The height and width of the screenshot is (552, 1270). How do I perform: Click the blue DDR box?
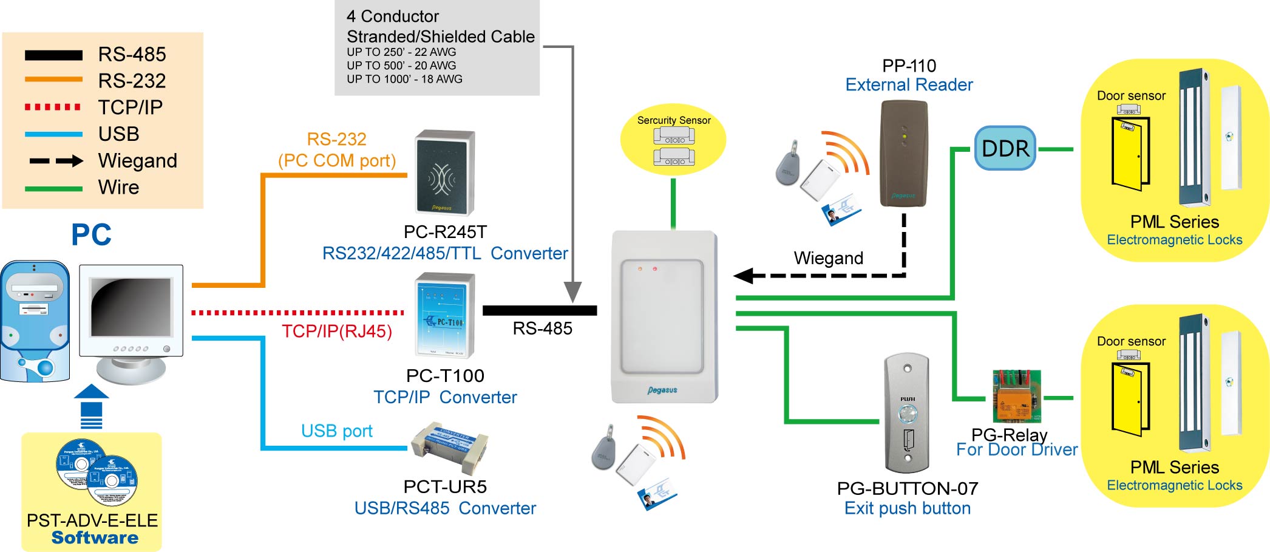[x=1005, y=148]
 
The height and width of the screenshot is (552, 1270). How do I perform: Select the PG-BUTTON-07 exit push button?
[x=907, y=413]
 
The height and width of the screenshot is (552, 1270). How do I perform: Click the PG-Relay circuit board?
[x=1016, y=396]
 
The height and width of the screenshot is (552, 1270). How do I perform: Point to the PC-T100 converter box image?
[x=445, y=315]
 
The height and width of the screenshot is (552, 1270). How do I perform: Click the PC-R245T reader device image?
[x=445, y=173]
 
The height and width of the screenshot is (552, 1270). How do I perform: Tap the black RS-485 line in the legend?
[x=53, y=55]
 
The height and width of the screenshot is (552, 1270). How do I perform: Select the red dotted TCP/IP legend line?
[x=53, y=107]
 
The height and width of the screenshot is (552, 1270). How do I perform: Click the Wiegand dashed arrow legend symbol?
[x=56, y=161]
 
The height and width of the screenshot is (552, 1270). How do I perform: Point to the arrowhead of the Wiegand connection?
[x=744, y=276]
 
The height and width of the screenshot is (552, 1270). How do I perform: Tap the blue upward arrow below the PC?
[x=92, y=406]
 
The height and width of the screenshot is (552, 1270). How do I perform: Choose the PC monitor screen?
[x=131, y=307]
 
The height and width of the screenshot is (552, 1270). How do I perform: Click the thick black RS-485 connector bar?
[x=539, y=310]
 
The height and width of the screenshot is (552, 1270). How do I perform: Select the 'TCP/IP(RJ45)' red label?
[x=337, y=332]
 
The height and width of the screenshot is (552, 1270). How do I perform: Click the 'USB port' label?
[x=337, y=431]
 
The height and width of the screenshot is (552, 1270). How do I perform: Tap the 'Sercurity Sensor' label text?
[x=673, y=120]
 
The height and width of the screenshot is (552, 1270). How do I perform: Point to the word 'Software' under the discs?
[x=95, y=538]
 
